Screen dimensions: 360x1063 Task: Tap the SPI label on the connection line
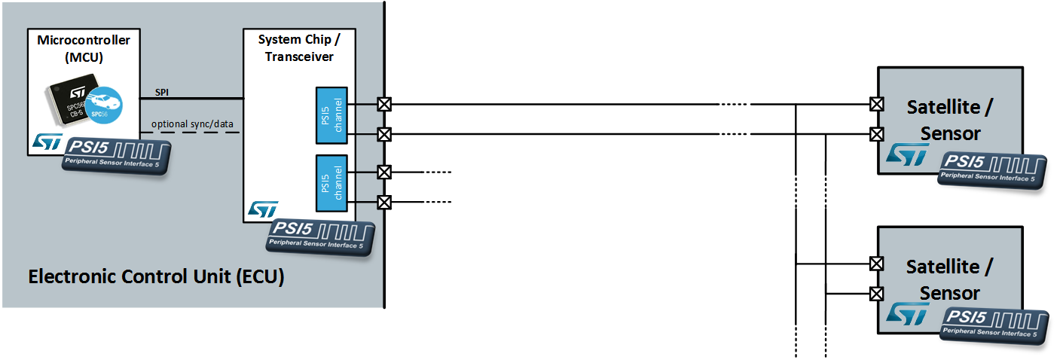point(162,92)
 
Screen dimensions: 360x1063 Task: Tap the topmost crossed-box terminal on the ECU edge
point(384,104)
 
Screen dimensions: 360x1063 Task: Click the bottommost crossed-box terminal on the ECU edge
point(384,202)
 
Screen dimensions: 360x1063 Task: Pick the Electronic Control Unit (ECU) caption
point(156,276)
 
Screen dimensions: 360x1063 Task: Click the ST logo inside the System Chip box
point(263,209)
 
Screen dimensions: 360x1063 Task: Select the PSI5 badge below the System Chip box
point(321,236)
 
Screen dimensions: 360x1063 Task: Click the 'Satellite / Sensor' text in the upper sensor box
point(949,120)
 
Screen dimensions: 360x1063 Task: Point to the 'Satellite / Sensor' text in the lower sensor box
point(949,279)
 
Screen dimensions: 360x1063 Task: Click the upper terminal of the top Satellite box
point(876,104)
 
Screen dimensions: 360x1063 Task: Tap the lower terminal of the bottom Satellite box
point(876,293)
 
